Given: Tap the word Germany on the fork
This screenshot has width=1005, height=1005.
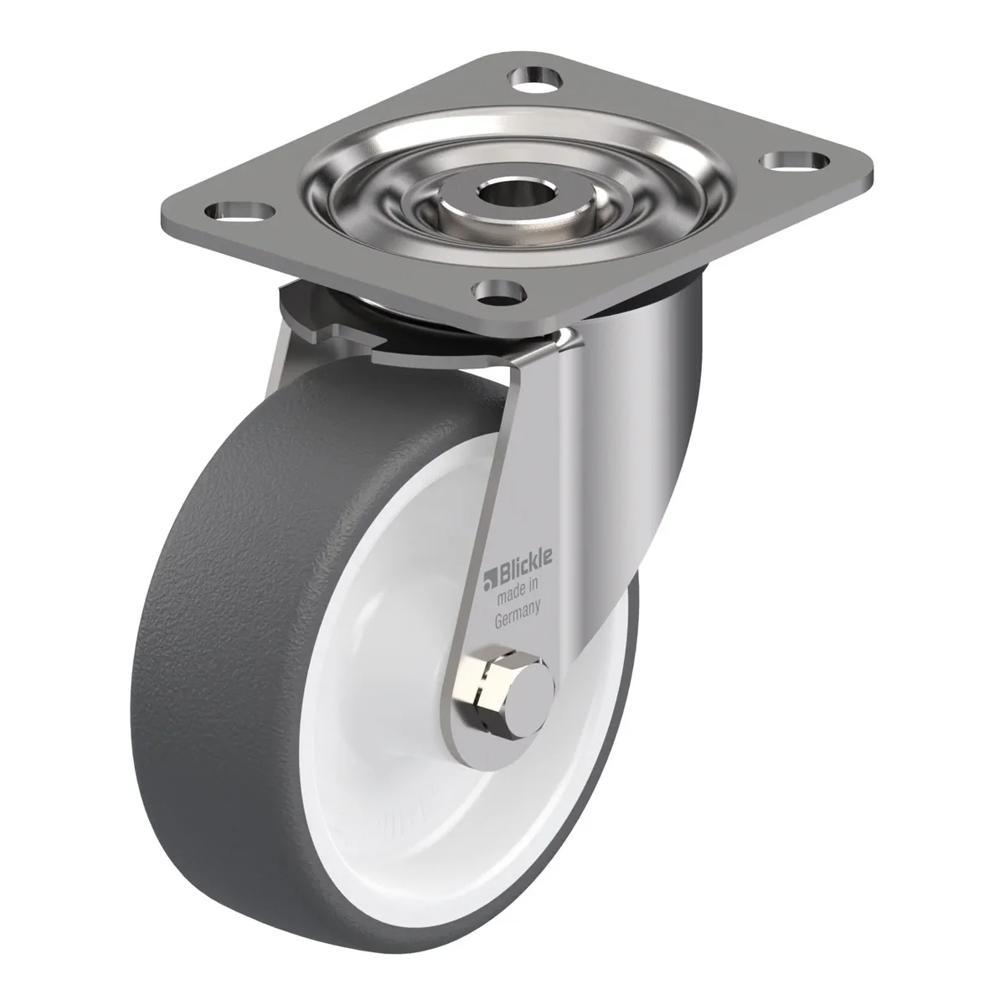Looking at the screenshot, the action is tap(518, 614).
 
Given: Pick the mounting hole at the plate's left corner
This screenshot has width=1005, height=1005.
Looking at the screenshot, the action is tap(240, 211).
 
